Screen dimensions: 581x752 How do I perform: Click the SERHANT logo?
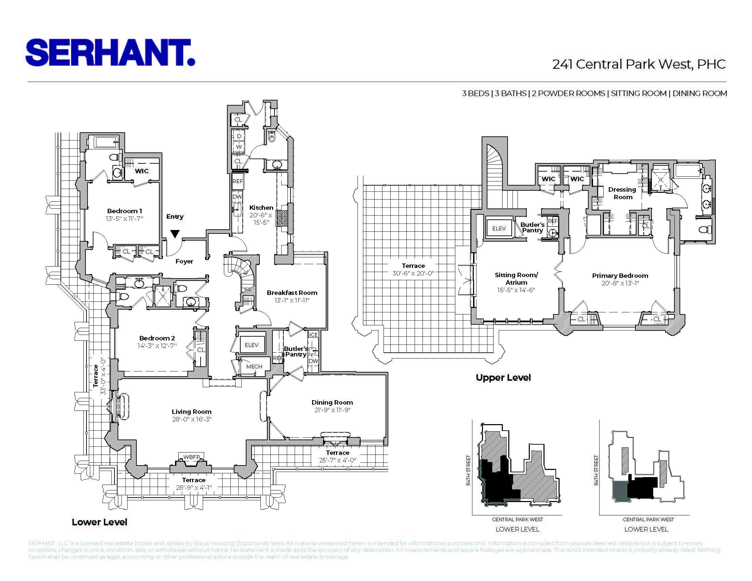(110, 52)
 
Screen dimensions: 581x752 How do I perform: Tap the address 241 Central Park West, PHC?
(639, 64)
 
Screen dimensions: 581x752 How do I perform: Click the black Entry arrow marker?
(175, 234)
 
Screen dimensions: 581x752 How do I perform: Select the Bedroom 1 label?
(124, 211)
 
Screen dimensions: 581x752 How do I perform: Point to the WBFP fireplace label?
(191, 457)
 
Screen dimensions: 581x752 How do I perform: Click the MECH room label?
(254, 367)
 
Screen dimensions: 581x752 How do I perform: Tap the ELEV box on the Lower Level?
(251, 345)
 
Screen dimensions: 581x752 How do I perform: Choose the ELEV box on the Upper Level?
(499, 228)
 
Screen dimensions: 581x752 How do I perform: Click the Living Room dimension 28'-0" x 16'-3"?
(191, 419)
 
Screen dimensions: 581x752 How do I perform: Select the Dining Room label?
(332, 402)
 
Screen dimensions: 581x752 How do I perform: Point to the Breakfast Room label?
(292, 293)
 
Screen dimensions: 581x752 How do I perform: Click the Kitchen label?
(261, 207)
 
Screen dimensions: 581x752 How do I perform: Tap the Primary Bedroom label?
(620, 276)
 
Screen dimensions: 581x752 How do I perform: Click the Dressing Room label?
(622, 193)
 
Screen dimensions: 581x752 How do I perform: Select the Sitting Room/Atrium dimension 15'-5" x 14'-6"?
(516, 290)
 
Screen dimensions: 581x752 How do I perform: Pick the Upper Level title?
(503, 378)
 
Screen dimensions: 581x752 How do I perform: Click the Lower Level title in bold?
(99, 522)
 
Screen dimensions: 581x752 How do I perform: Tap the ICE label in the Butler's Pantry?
(313, 335)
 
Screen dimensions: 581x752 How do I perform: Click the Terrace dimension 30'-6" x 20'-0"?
(413, 273)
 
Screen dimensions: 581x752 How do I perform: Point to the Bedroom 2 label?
(157, 338)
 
